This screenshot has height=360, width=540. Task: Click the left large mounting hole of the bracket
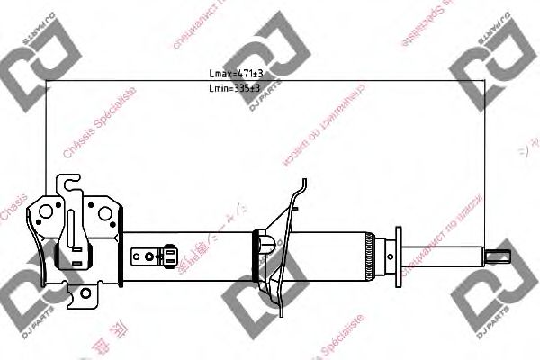coord(45,215)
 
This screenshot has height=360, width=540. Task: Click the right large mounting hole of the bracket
coord(105,215)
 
